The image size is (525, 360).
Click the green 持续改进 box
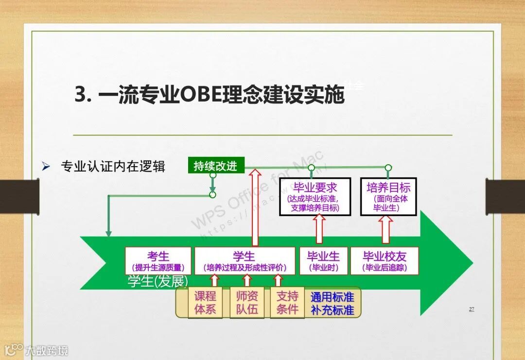(215, 166)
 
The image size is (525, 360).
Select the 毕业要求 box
(315, 197)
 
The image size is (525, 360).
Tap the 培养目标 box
(388, 197)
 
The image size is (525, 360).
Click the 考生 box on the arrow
(158, 261)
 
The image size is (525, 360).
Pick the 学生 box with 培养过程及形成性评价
(245, 261)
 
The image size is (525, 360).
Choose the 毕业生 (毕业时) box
(323, 261)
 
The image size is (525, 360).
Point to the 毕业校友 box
(384, 261)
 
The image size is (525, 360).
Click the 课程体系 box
(205, 303)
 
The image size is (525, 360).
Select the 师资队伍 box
(246, 303)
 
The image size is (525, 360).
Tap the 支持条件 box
(287, 303)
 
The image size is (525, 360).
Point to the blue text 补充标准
(332, 309)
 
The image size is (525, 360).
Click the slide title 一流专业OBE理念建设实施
(209, 95)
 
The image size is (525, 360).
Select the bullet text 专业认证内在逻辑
(113, 167)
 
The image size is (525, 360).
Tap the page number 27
(471, 309)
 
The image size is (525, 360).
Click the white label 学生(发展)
(157, 282)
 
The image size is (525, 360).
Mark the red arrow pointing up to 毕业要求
(319, 229)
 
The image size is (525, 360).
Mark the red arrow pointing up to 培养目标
(386, 229)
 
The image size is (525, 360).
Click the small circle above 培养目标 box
(388, 168)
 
